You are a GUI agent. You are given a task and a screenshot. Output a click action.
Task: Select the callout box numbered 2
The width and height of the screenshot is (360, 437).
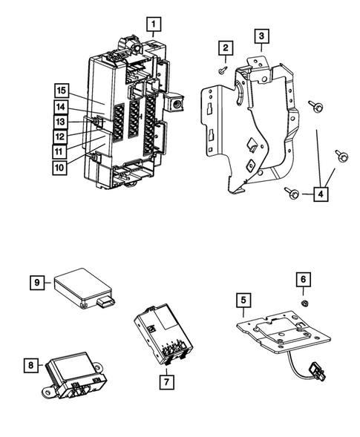click(x=223, y=48)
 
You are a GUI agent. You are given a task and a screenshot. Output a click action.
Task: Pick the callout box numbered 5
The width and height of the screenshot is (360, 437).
click(x=243, y=300)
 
